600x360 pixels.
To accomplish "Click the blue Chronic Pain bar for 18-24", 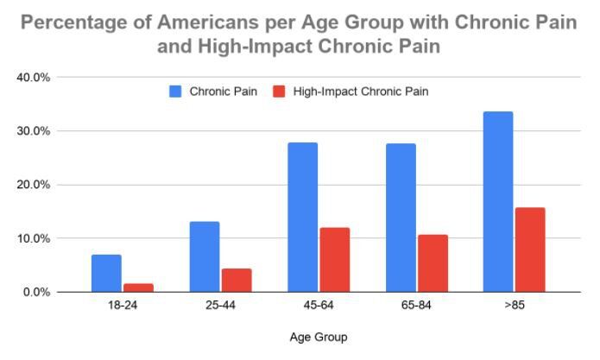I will coord(106,273).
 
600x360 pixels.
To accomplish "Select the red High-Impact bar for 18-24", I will coord(138,287).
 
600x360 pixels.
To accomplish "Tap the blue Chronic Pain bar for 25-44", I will coord(205,256).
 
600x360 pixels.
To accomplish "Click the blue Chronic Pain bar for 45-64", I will coord(302,217).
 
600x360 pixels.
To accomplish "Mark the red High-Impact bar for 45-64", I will coord(334,259).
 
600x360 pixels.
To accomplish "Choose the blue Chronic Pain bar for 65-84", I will coord(401,218).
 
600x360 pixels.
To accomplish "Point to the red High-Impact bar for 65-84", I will coord(433,262).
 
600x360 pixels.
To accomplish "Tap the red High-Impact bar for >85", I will coord(530,249).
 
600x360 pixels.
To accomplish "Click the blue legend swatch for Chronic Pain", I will coord(174,91).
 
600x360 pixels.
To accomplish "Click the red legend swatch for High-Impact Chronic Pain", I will coord(278,91).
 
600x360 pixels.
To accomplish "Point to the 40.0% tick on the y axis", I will coord(35,78).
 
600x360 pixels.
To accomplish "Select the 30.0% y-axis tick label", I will coord(35,131).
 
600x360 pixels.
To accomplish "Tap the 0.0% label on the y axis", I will coord(37,292).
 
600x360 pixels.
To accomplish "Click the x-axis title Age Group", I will coord(319,337).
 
